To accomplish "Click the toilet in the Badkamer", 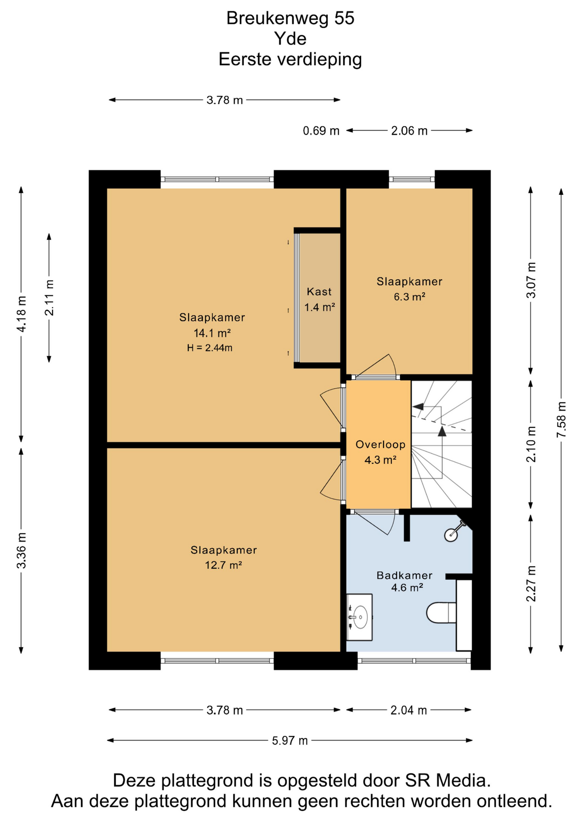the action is [441, 613].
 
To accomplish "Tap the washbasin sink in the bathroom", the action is [359, 617].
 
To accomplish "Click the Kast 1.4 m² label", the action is [319, 299].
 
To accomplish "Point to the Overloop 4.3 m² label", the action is [380, 452].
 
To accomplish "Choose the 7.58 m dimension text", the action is [561, 420].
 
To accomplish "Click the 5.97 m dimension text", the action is [290, 740].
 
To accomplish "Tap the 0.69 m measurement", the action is [321, 131].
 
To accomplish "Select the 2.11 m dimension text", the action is [49, 298].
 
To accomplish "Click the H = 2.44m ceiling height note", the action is [210, 348].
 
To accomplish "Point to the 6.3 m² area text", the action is [409, 296].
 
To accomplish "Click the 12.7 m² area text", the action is [223, 565].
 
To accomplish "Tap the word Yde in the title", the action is [291, 39].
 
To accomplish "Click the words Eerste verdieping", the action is [290, 59].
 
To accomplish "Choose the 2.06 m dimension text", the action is [409, 131].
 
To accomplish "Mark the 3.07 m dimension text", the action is [531, 280].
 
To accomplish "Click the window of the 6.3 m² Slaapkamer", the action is [412, 179].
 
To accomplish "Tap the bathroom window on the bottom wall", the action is [414, 661].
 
